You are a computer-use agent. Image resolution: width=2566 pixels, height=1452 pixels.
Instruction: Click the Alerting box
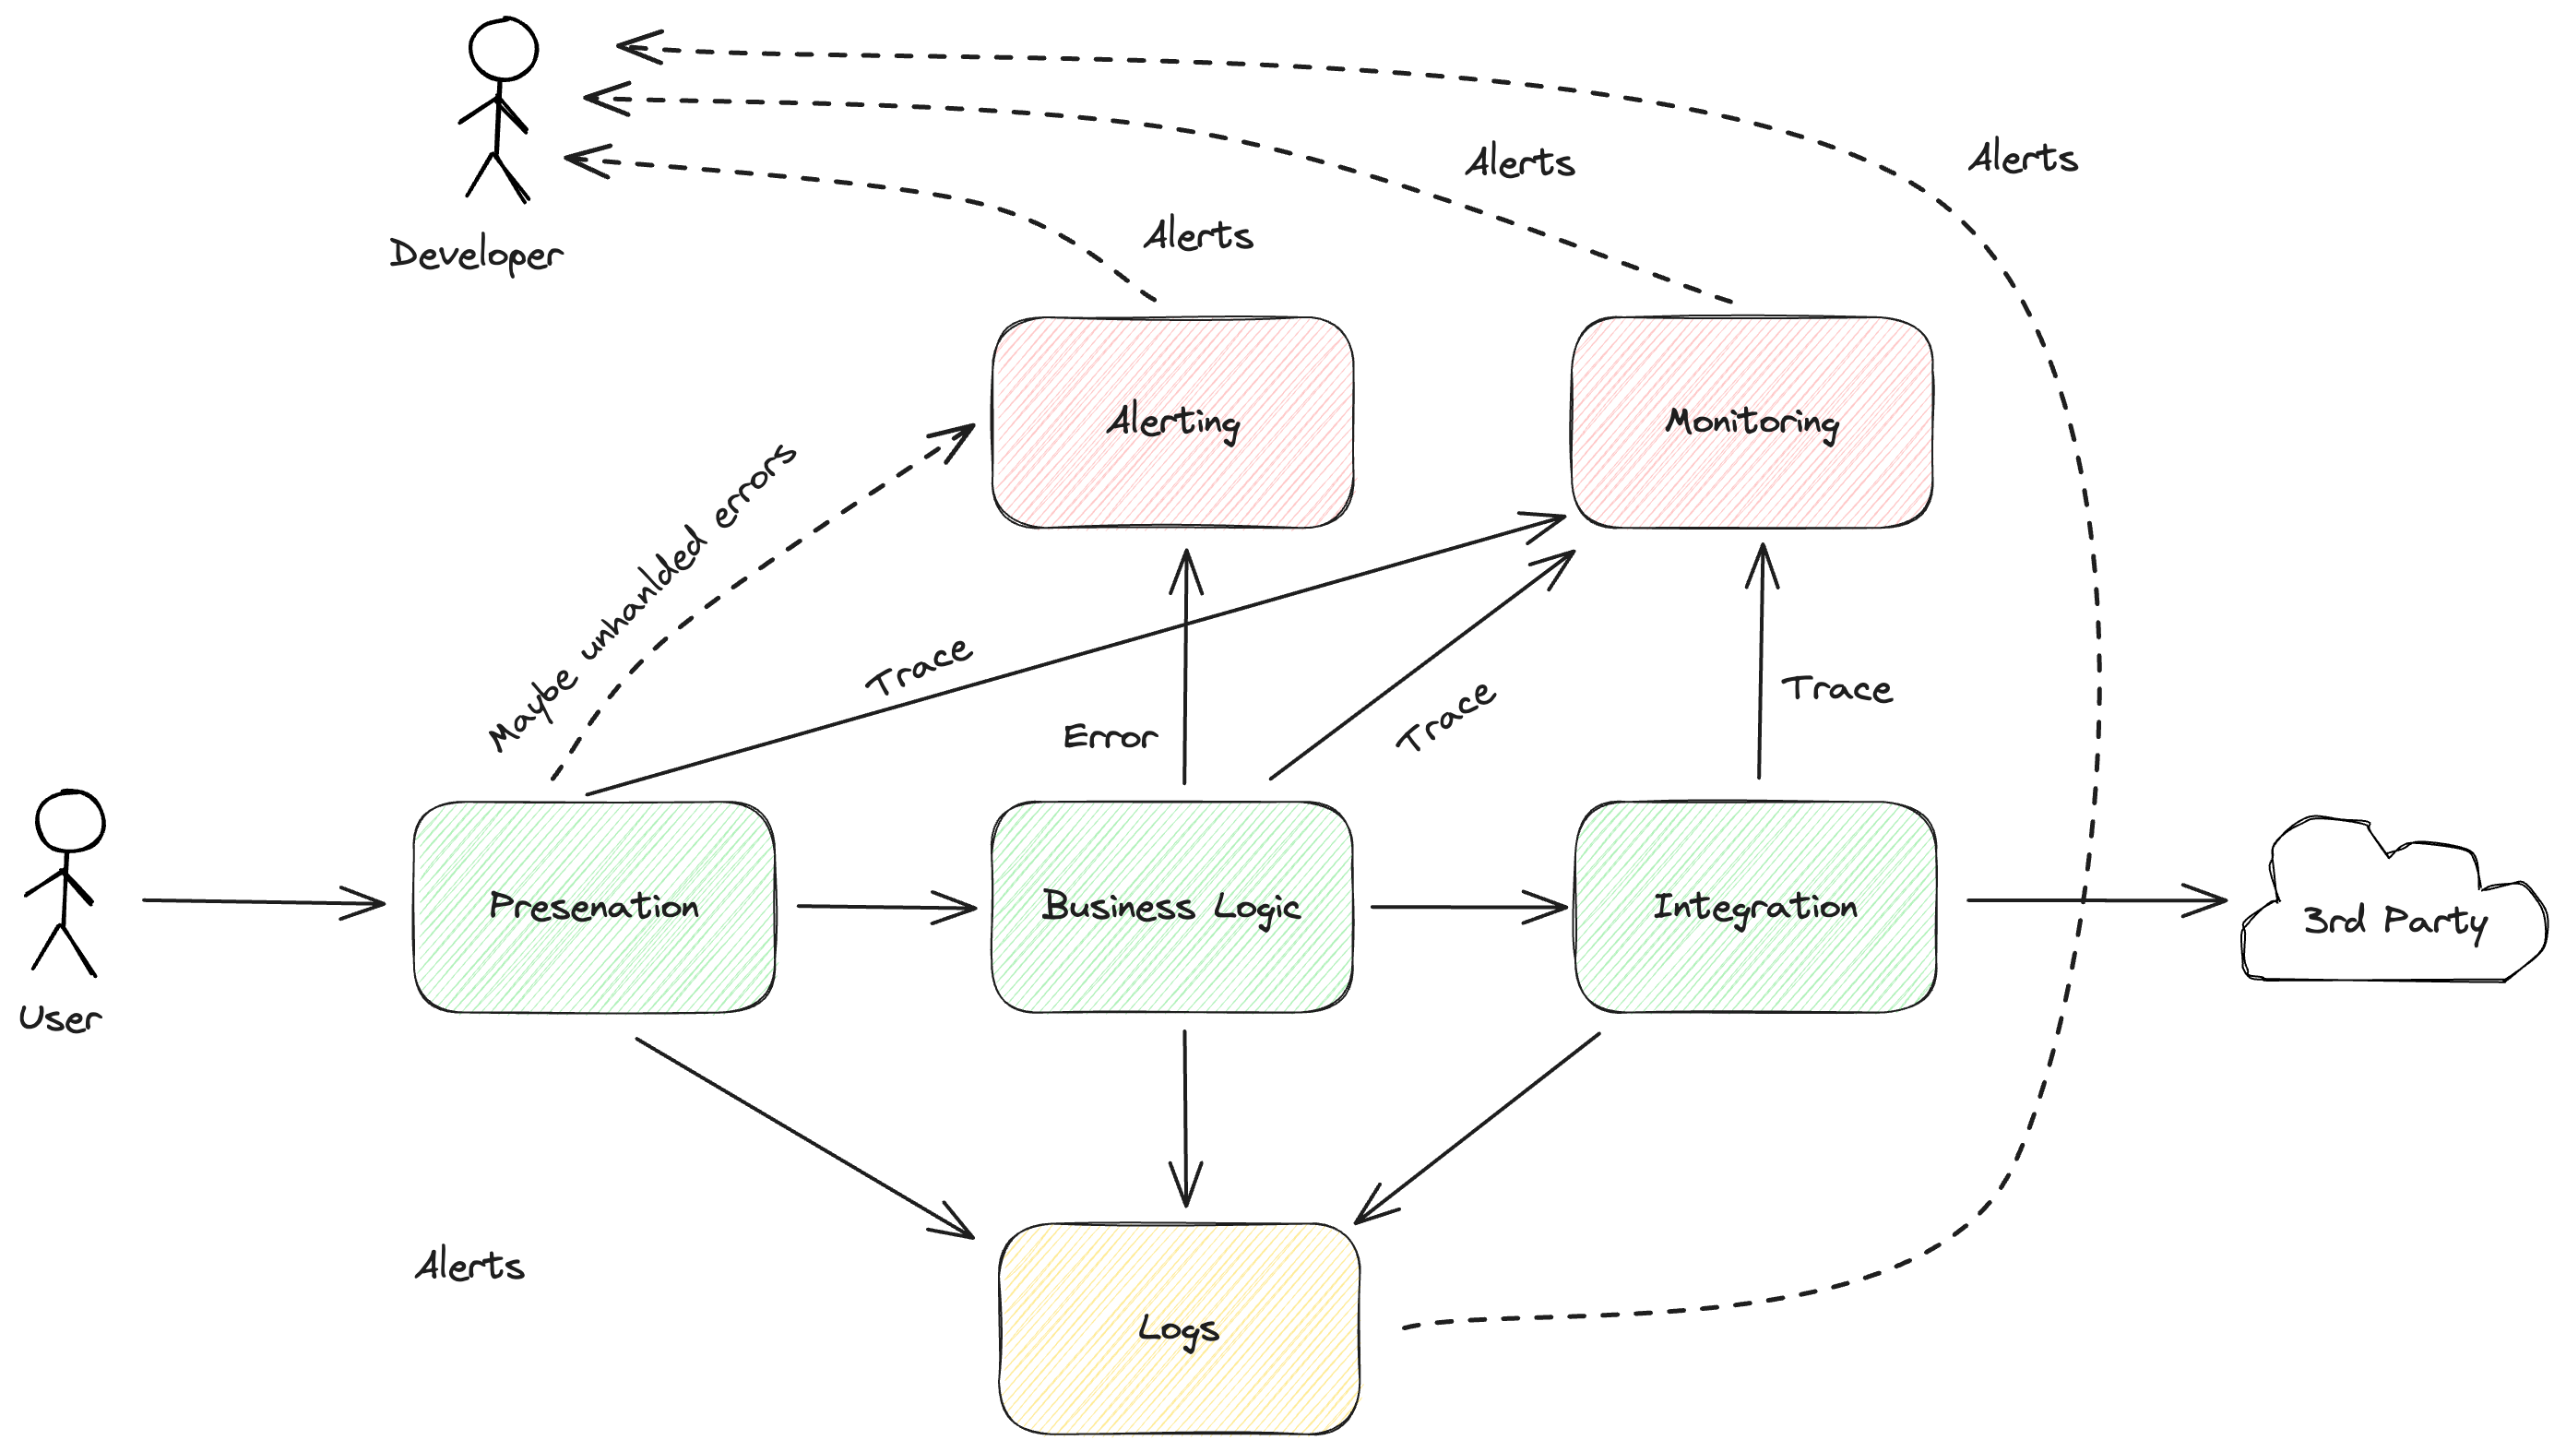1174,423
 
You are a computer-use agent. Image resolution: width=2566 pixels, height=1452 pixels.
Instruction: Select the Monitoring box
1752,423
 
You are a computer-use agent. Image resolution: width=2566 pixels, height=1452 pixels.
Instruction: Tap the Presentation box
595,907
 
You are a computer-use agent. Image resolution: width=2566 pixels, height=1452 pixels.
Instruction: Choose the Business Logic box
1172,907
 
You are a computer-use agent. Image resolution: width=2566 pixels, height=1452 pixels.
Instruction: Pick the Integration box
1754,907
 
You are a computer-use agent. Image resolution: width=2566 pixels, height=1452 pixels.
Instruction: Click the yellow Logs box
1180,1328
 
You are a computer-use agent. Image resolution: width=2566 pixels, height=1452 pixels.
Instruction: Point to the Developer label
477,256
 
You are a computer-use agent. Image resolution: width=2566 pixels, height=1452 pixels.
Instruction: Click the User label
60,1019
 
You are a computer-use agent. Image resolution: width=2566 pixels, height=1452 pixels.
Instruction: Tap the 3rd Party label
2394,921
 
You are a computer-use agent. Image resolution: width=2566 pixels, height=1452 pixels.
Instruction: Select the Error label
1110,738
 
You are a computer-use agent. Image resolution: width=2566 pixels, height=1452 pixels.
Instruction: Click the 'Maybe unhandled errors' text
643,599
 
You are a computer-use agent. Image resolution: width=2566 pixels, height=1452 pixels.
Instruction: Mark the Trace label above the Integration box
1836,689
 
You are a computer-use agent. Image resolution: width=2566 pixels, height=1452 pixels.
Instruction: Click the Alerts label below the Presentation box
469,1267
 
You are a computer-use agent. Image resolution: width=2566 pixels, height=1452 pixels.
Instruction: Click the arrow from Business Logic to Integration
1466,908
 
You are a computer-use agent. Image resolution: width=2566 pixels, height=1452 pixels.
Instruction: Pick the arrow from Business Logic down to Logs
1184,1117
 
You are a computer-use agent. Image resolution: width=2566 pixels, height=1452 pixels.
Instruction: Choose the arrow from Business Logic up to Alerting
1184,668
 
